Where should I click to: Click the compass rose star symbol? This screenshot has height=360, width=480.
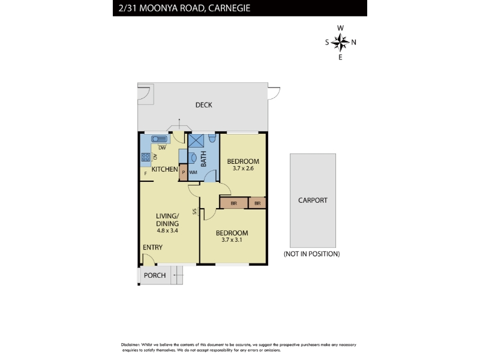(340, 42)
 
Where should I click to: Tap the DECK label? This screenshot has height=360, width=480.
(203, 105)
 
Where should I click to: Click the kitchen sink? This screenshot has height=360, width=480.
(159, 139)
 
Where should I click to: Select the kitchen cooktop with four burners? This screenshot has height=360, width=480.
(145, 157)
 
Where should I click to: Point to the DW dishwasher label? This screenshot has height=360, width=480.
(162, 148)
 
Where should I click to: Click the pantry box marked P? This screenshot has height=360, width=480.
(183, 172)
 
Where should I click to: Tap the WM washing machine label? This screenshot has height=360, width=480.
(193, 172)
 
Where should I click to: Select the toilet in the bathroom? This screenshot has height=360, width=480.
(212, 137)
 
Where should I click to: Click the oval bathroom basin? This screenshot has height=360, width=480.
(193, 158)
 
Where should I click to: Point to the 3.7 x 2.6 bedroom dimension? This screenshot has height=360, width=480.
(243, 169)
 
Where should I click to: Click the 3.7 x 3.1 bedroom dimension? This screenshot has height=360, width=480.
(232, 240)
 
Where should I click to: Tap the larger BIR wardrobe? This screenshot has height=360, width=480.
(234, 203)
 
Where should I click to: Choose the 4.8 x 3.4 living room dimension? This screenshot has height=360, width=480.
(167, 231)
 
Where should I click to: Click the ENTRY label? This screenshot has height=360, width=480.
(152, 247)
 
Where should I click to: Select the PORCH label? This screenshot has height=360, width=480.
(155, 275)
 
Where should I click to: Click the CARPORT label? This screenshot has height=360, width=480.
(313, 200)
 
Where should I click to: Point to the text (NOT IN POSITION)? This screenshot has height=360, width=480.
(311, 254)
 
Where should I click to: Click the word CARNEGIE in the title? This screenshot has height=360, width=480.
(229, 8)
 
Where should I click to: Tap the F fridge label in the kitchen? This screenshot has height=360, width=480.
(146, 173)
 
